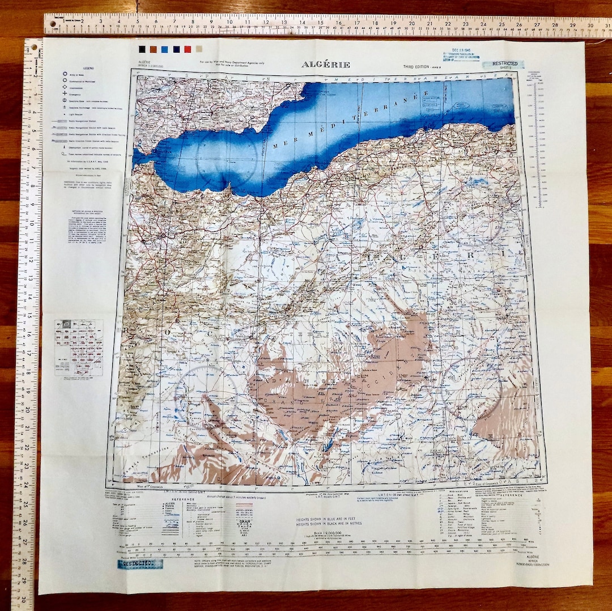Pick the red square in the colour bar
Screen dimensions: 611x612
pyautogui.click(x=187, y=49)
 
